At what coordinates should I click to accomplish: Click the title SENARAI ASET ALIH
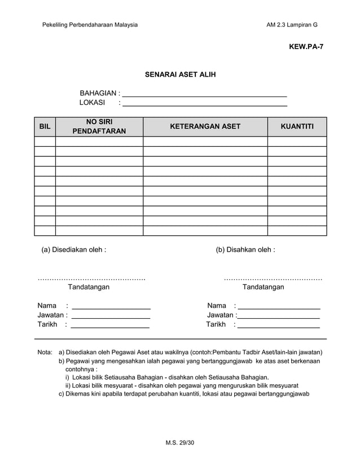(x=180, y=74)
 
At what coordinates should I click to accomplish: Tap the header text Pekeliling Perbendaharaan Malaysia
(x=90, y=25)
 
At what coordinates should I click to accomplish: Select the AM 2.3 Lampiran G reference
(x=292, y=25)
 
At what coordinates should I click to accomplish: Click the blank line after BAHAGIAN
(x=204, y=94)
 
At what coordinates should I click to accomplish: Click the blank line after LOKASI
(x=204, y=103)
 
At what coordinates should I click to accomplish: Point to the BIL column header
(x=45, y=127)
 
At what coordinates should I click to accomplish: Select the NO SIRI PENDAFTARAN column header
(x=99, y=127)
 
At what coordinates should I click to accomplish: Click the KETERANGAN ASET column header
(x=205, y=127)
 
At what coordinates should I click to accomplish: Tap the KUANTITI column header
(x=297, y=127)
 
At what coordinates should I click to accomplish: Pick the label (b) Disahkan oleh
(x=245, y=249)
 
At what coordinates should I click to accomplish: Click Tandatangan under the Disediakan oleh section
(x=89, y=287)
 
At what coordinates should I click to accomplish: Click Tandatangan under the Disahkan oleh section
(x=263, y=287)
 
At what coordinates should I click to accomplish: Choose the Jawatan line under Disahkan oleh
(x=279, y=315)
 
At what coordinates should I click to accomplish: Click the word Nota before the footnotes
(x=45, y=353)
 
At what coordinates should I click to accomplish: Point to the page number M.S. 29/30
(x=179, y=443)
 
